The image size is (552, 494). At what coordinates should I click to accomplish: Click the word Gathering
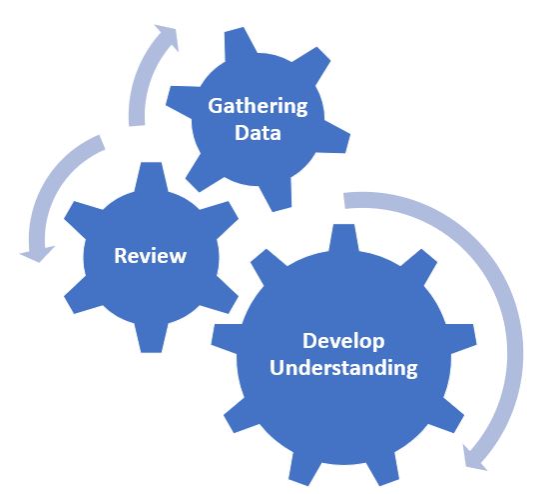point(258,106)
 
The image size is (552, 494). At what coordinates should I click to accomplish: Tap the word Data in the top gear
point(258,133)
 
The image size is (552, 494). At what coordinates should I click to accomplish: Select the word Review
point(151,256)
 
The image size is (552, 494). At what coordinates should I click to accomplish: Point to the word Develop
point(343,342)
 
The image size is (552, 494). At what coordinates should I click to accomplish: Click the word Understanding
point(343,368)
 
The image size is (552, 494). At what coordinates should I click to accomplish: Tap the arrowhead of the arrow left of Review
point(38,254)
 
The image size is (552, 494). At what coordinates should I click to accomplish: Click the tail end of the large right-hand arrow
point(344,200)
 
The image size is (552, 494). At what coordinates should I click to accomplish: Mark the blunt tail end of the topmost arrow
point(137,124)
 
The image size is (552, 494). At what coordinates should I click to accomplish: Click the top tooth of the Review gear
point(151,176)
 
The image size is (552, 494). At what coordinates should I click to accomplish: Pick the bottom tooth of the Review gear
point(151,338)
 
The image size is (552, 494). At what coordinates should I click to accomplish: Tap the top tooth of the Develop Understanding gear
point(343,238)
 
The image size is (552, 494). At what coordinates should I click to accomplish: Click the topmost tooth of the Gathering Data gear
point(240,42)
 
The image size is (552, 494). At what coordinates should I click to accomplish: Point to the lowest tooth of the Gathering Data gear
point(278,195)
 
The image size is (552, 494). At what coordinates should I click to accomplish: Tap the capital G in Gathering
point(215,105)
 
